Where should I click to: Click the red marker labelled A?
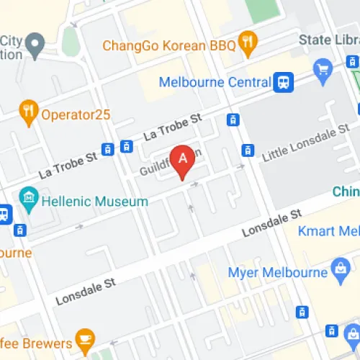(x=183, y=160)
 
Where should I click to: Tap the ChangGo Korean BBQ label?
(x=169, y=45)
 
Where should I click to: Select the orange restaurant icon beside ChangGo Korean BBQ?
(x=248, y=45)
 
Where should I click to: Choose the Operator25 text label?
(x=75, y=113)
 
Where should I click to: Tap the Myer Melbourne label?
(x=277, y=272)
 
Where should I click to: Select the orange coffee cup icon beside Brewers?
(x=86, y=339)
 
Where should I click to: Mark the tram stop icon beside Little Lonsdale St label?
(x=248, y=150)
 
